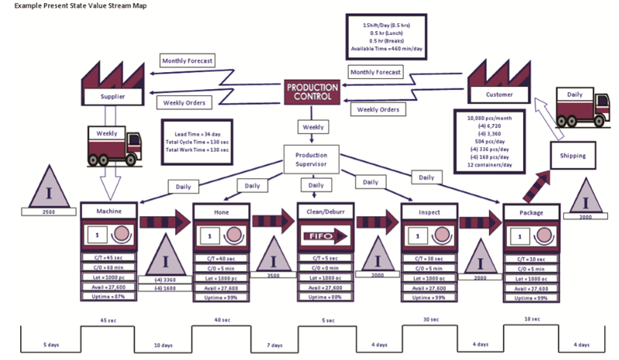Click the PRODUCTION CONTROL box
coord(312,92)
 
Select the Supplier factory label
coord(112,97)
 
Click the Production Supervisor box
coord(311,159)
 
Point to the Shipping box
coord(573,155)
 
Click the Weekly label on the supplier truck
coord(107,133)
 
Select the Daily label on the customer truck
coord(575,94)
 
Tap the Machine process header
coord(108,211)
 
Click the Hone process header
coord(221,211)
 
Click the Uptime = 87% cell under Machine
coord(108,297)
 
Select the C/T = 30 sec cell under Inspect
coord(429,259)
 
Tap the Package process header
coord(532,211)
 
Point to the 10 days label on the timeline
coord(163,345)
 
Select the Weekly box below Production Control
coord(313,126)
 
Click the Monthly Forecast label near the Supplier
coord(188,60)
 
